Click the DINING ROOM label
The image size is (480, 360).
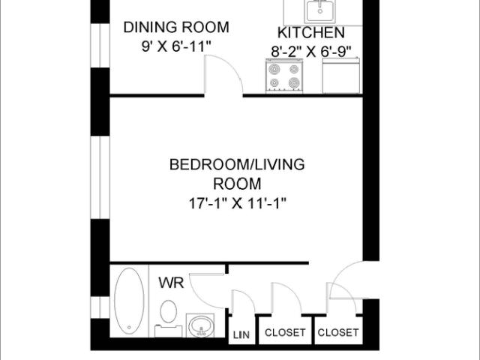pyautogui.click(x=176, y=27)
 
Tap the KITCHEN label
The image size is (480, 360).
pyautogui.click(x=311, y=33)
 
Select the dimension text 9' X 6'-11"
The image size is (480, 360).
pyautogui.click(x=177, y=46)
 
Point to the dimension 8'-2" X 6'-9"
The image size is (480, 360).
pyautogui.click(x=311, y=52)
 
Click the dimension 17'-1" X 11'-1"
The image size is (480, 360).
pyautogui.click(x=237, y=203)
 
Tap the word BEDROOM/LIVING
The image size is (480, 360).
pyautogui.click(x=237, y=164)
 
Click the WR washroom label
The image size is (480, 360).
pyautogui.click(x=171, y=283)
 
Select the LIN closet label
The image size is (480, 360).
pyautogui.click(x=241, y=335)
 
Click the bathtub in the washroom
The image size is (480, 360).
pyautogui.click(x=129, y=301)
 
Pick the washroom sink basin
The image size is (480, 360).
pyautogui.click(x=201, y=325)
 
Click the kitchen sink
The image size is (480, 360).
pyautogui.click(x=320, y=11)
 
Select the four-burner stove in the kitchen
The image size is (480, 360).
pyautogui.click(x=284, y=76)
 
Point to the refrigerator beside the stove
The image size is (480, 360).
pyautogui.click(x=340, y=75)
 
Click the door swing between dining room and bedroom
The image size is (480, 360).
pyautogui.click(x=229, y=66)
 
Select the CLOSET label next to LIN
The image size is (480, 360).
pyautogui.click(x=285, y=332)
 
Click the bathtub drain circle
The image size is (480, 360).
pyautogui.click(x=129, y=328)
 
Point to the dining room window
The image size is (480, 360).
pyautogui.click(x=100, y=45)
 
